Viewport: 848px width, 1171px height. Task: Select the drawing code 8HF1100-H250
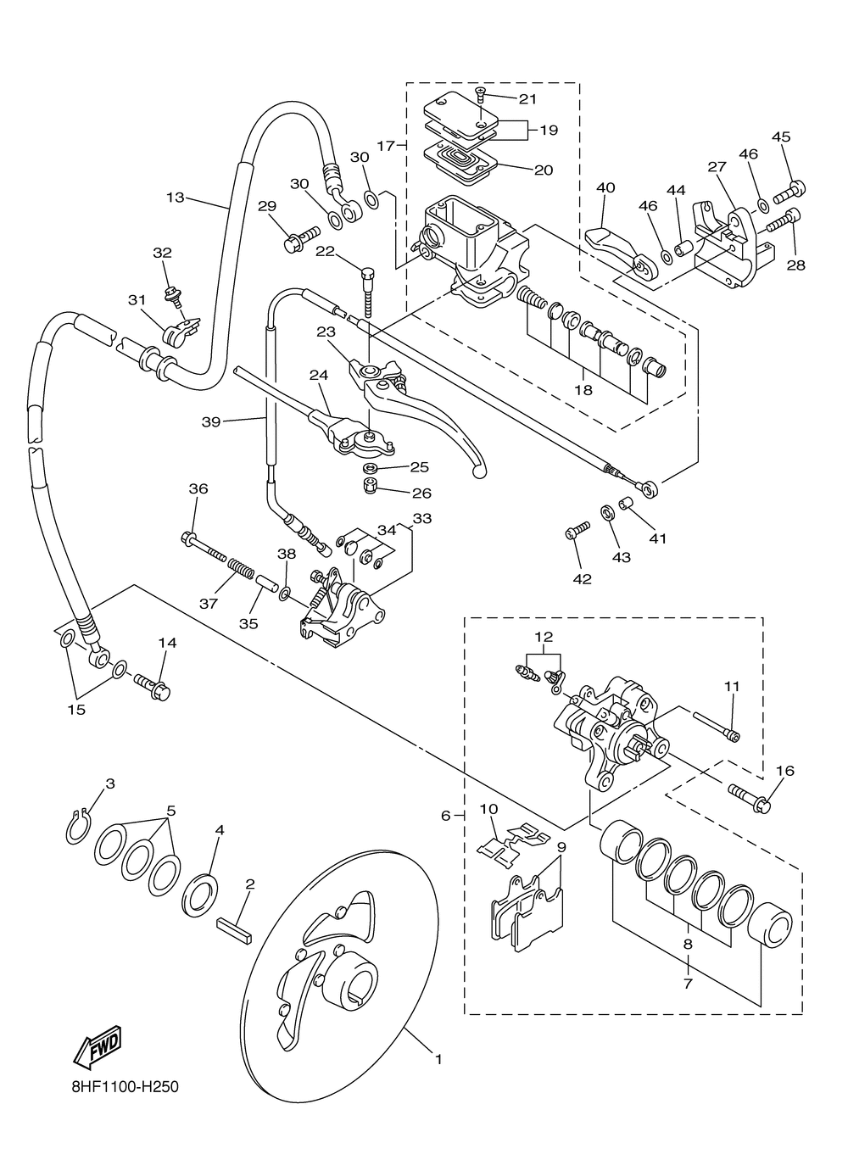pyautogui.click(x=125, y=1087)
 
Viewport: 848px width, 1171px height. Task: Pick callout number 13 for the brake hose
pyautogui.click(x=175, y=198)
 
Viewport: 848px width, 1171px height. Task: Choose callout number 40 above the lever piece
pyautogui.click(x=605, y=187)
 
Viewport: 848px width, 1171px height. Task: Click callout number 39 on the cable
pyautogui.click(x=211, y=421)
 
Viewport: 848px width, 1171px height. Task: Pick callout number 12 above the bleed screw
pyautogui.click(x=544, y=636)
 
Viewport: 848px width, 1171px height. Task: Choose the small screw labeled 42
pyautogui.click(x=575, y=533)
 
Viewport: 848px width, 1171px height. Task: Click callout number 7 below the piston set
pyautogui.click(x=688, y=984)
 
